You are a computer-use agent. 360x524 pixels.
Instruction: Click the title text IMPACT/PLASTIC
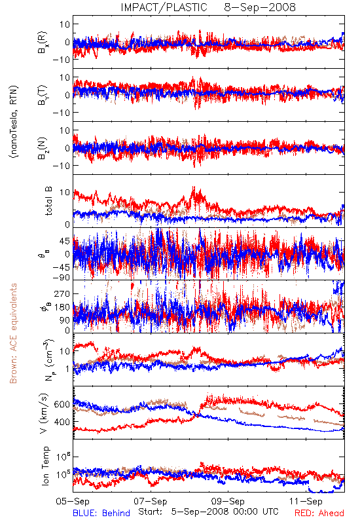coord(164,7)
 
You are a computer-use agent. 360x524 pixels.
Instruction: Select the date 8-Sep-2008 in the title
coord(260,7)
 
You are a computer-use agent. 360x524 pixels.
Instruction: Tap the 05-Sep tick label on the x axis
coord(73,501)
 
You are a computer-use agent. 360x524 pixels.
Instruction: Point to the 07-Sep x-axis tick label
coord(151,501)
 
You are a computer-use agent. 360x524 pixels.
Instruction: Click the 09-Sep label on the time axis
coord(228,501)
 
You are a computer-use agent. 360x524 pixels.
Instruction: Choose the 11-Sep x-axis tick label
coord(306,501)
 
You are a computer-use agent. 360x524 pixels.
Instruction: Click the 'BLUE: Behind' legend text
coord(101,513)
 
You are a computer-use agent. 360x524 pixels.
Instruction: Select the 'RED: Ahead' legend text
coord(319,513)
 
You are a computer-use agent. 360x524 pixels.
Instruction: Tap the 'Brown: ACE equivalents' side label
coord(13,333)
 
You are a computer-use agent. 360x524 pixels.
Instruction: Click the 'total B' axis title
coord(48,201)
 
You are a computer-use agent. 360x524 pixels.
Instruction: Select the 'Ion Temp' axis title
coord(45,466)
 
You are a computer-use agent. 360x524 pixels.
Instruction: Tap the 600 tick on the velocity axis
coord(62,404)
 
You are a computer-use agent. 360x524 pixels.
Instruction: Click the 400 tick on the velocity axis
coord(62,422)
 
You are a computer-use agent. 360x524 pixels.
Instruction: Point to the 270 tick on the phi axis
coord(62,293)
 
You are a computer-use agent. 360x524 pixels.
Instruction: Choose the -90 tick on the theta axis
coord(61,278)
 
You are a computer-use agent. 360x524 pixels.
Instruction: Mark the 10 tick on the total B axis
coord(65,193)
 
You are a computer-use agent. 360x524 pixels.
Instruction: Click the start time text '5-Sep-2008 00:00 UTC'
coord(225,512)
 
